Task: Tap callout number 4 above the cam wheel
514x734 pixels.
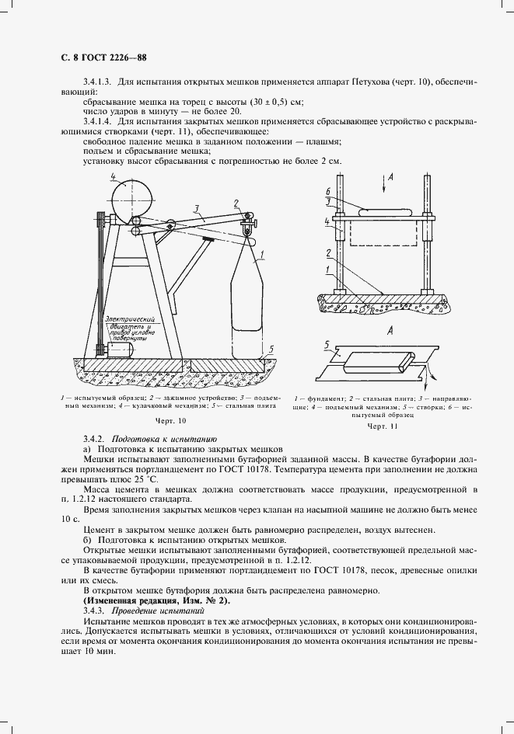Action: [x=113, y=178]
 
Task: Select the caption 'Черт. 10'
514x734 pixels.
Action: [x=171, y=420]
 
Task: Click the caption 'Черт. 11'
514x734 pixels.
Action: [x=382, y=426]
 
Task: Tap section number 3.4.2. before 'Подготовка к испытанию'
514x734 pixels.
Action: [x=93, y=440]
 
